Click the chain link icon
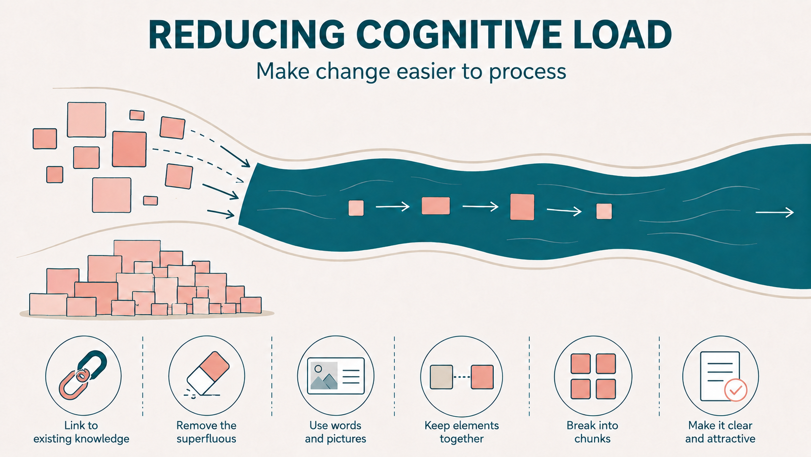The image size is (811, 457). (x=83, y=375)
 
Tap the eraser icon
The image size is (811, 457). (x=208, y=373)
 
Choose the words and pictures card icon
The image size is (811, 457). (x=336, y=376)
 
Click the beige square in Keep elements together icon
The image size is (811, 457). (x=441, y=377)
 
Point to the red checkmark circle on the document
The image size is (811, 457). (x=735, y=390)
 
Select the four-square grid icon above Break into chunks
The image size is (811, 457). (x=593, y=376)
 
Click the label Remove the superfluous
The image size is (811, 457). (x=206, y=432)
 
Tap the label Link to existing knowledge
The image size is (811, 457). (x=81, y=432)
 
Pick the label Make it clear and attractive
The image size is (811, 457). (x=720, y=432)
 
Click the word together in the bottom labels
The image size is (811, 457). (x=462, y=439)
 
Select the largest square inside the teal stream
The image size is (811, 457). (x=522, y=207)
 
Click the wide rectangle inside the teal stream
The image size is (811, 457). (x=436, y=206)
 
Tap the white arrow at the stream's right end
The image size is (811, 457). (x=775, y=212)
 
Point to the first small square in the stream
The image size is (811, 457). (x=356, y=208)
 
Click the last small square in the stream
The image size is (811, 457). (x=604, y=211)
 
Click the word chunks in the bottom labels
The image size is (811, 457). (x=592, y=439)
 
